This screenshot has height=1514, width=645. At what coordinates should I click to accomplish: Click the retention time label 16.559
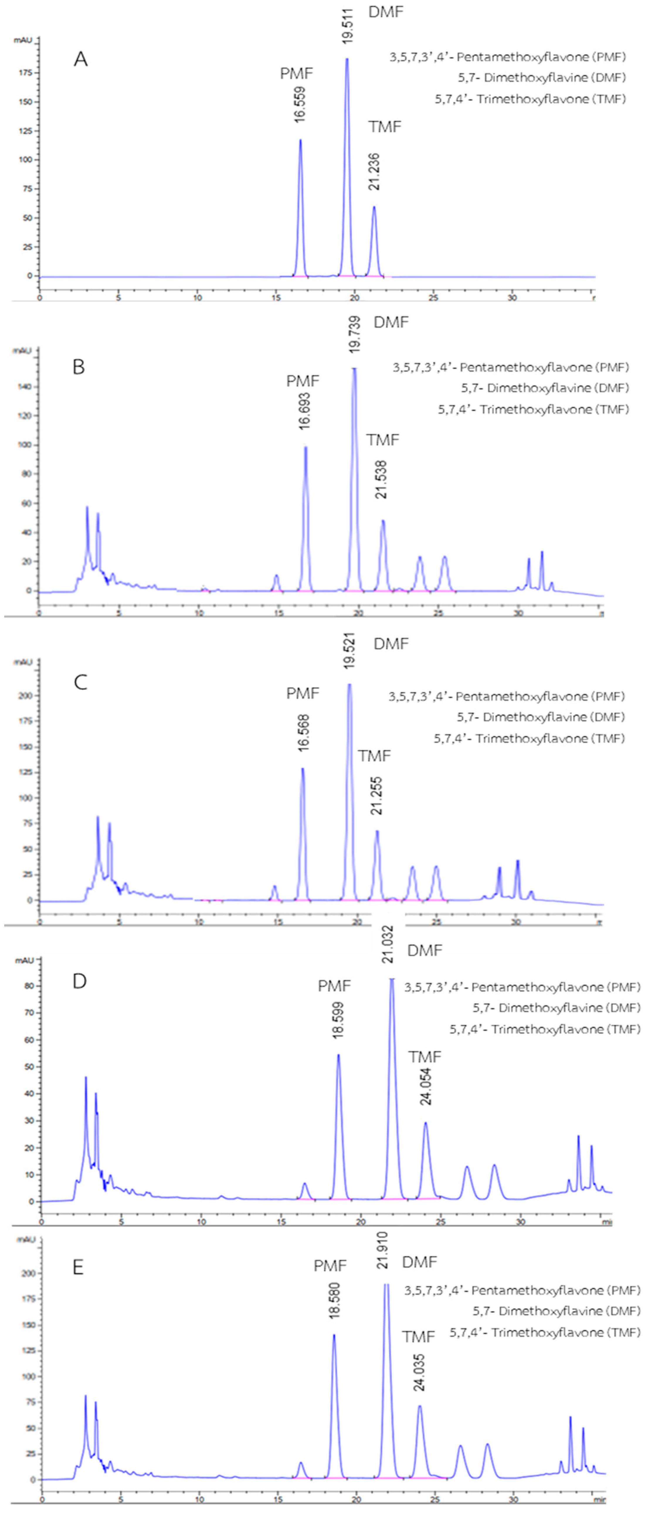tap(301, 105)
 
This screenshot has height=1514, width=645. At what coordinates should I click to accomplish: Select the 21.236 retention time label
tap(374, 172)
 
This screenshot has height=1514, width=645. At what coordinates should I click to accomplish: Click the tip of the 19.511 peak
tap(347, 59)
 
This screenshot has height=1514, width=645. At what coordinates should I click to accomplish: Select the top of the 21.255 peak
tap(377, 831)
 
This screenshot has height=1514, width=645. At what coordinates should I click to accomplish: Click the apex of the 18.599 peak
tap(338, 1055)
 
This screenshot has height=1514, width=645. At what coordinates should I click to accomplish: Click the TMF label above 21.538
tap(383, 440)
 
